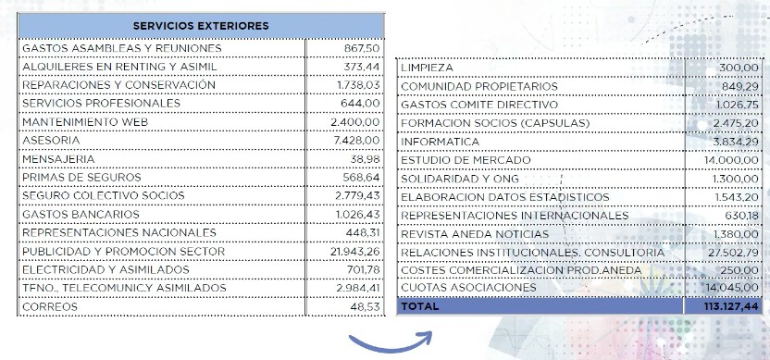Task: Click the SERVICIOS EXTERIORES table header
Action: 201,25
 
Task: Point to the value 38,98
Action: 365,159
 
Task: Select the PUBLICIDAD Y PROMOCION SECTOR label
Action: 123,252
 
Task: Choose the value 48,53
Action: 365,306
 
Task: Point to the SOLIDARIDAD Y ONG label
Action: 460,179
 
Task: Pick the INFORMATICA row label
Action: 440,142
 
